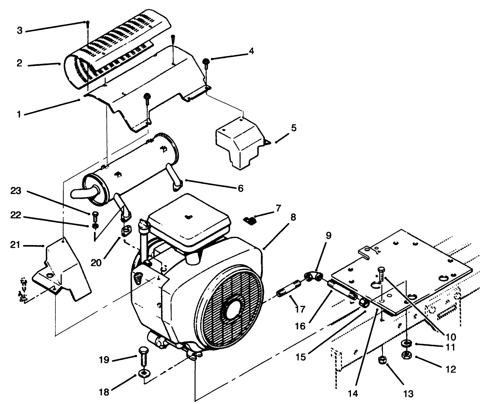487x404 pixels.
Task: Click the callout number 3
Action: click(x=19, y=30)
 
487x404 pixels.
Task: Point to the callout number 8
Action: click(x=292, y=217)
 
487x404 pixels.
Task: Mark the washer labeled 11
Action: click(x=407, y=343)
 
